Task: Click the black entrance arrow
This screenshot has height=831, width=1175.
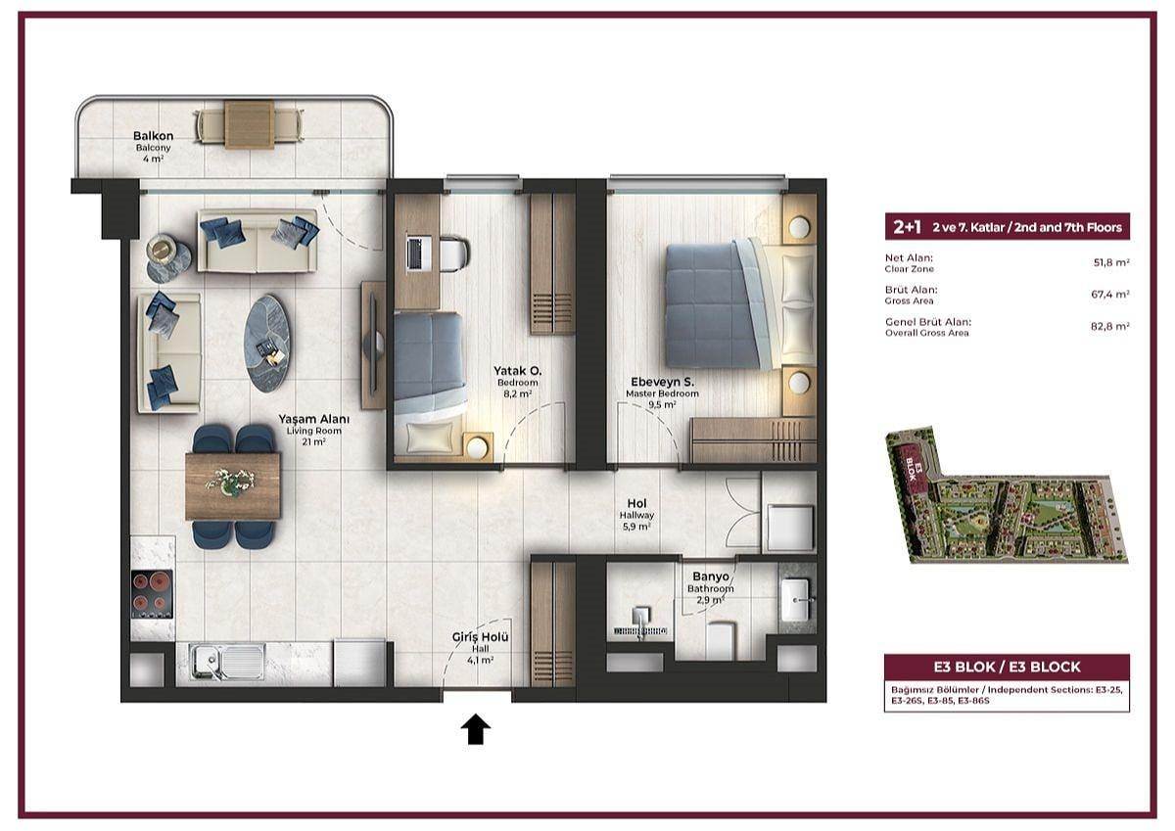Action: pos(476,729)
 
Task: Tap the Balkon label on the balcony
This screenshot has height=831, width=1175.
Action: pos(153,136)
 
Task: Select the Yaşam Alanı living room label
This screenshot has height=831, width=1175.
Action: pos(313,419)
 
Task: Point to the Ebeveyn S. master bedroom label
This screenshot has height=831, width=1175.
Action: pos(662,382)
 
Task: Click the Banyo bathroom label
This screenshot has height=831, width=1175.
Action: pos(711,577)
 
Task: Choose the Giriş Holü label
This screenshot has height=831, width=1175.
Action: pos(480,637)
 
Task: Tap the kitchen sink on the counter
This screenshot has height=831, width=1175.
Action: pos(227,664)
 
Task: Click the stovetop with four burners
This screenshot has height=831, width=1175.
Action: pos(152,593)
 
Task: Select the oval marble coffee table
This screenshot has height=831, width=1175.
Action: pos(266,344)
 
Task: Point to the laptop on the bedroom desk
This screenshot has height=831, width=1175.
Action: pos(414,254)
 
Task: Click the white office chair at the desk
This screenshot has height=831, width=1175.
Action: pos(453,254)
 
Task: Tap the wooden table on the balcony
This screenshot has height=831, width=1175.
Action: pos(250,126)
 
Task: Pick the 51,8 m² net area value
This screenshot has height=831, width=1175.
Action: pos(1111,262)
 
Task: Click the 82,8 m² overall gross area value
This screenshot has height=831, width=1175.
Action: pos(1110,326)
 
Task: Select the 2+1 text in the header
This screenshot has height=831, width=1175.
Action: pos(908,227)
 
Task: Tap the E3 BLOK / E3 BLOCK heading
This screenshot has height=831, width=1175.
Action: pos(1008,667)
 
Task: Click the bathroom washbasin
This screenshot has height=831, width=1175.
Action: pos(796,600)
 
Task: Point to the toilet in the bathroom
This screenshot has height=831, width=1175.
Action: pos(719,641)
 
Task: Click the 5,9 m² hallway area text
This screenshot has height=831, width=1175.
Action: pos(636,527)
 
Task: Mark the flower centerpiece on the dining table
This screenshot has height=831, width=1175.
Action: pos(231,483)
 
